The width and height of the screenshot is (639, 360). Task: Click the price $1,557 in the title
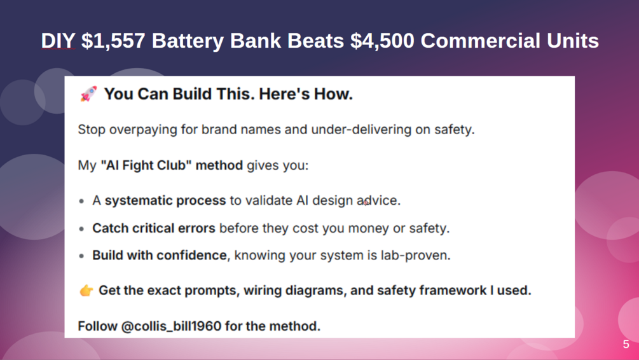[113, 41]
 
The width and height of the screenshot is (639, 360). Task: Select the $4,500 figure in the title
[382, 41]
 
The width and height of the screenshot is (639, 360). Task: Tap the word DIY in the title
[58, 41]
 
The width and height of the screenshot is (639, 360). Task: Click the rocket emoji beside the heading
[88, 93]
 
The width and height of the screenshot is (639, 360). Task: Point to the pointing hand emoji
[86, 291]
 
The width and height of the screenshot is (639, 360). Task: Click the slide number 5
[626, 345]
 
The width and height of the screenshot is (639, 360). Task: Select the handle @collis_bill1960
[171, 326]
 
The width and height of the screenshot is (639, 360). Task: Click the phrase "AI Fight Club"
[146, 165]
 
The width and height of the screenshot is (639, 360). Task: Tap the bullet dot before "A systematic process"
[81, 201]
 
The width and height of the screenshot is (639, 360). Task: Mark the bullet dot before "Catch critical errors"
[81, 229]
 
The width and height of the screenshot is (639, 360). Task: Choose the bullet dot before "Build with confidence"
[81, 256]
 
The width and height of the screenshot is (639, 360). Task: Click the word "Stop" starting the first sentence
[92, 130]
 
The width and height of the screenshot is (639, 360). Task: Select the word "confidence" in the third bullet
[191, 255]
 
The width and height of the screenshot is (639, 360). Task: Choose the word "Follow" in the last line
[97, 326]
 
